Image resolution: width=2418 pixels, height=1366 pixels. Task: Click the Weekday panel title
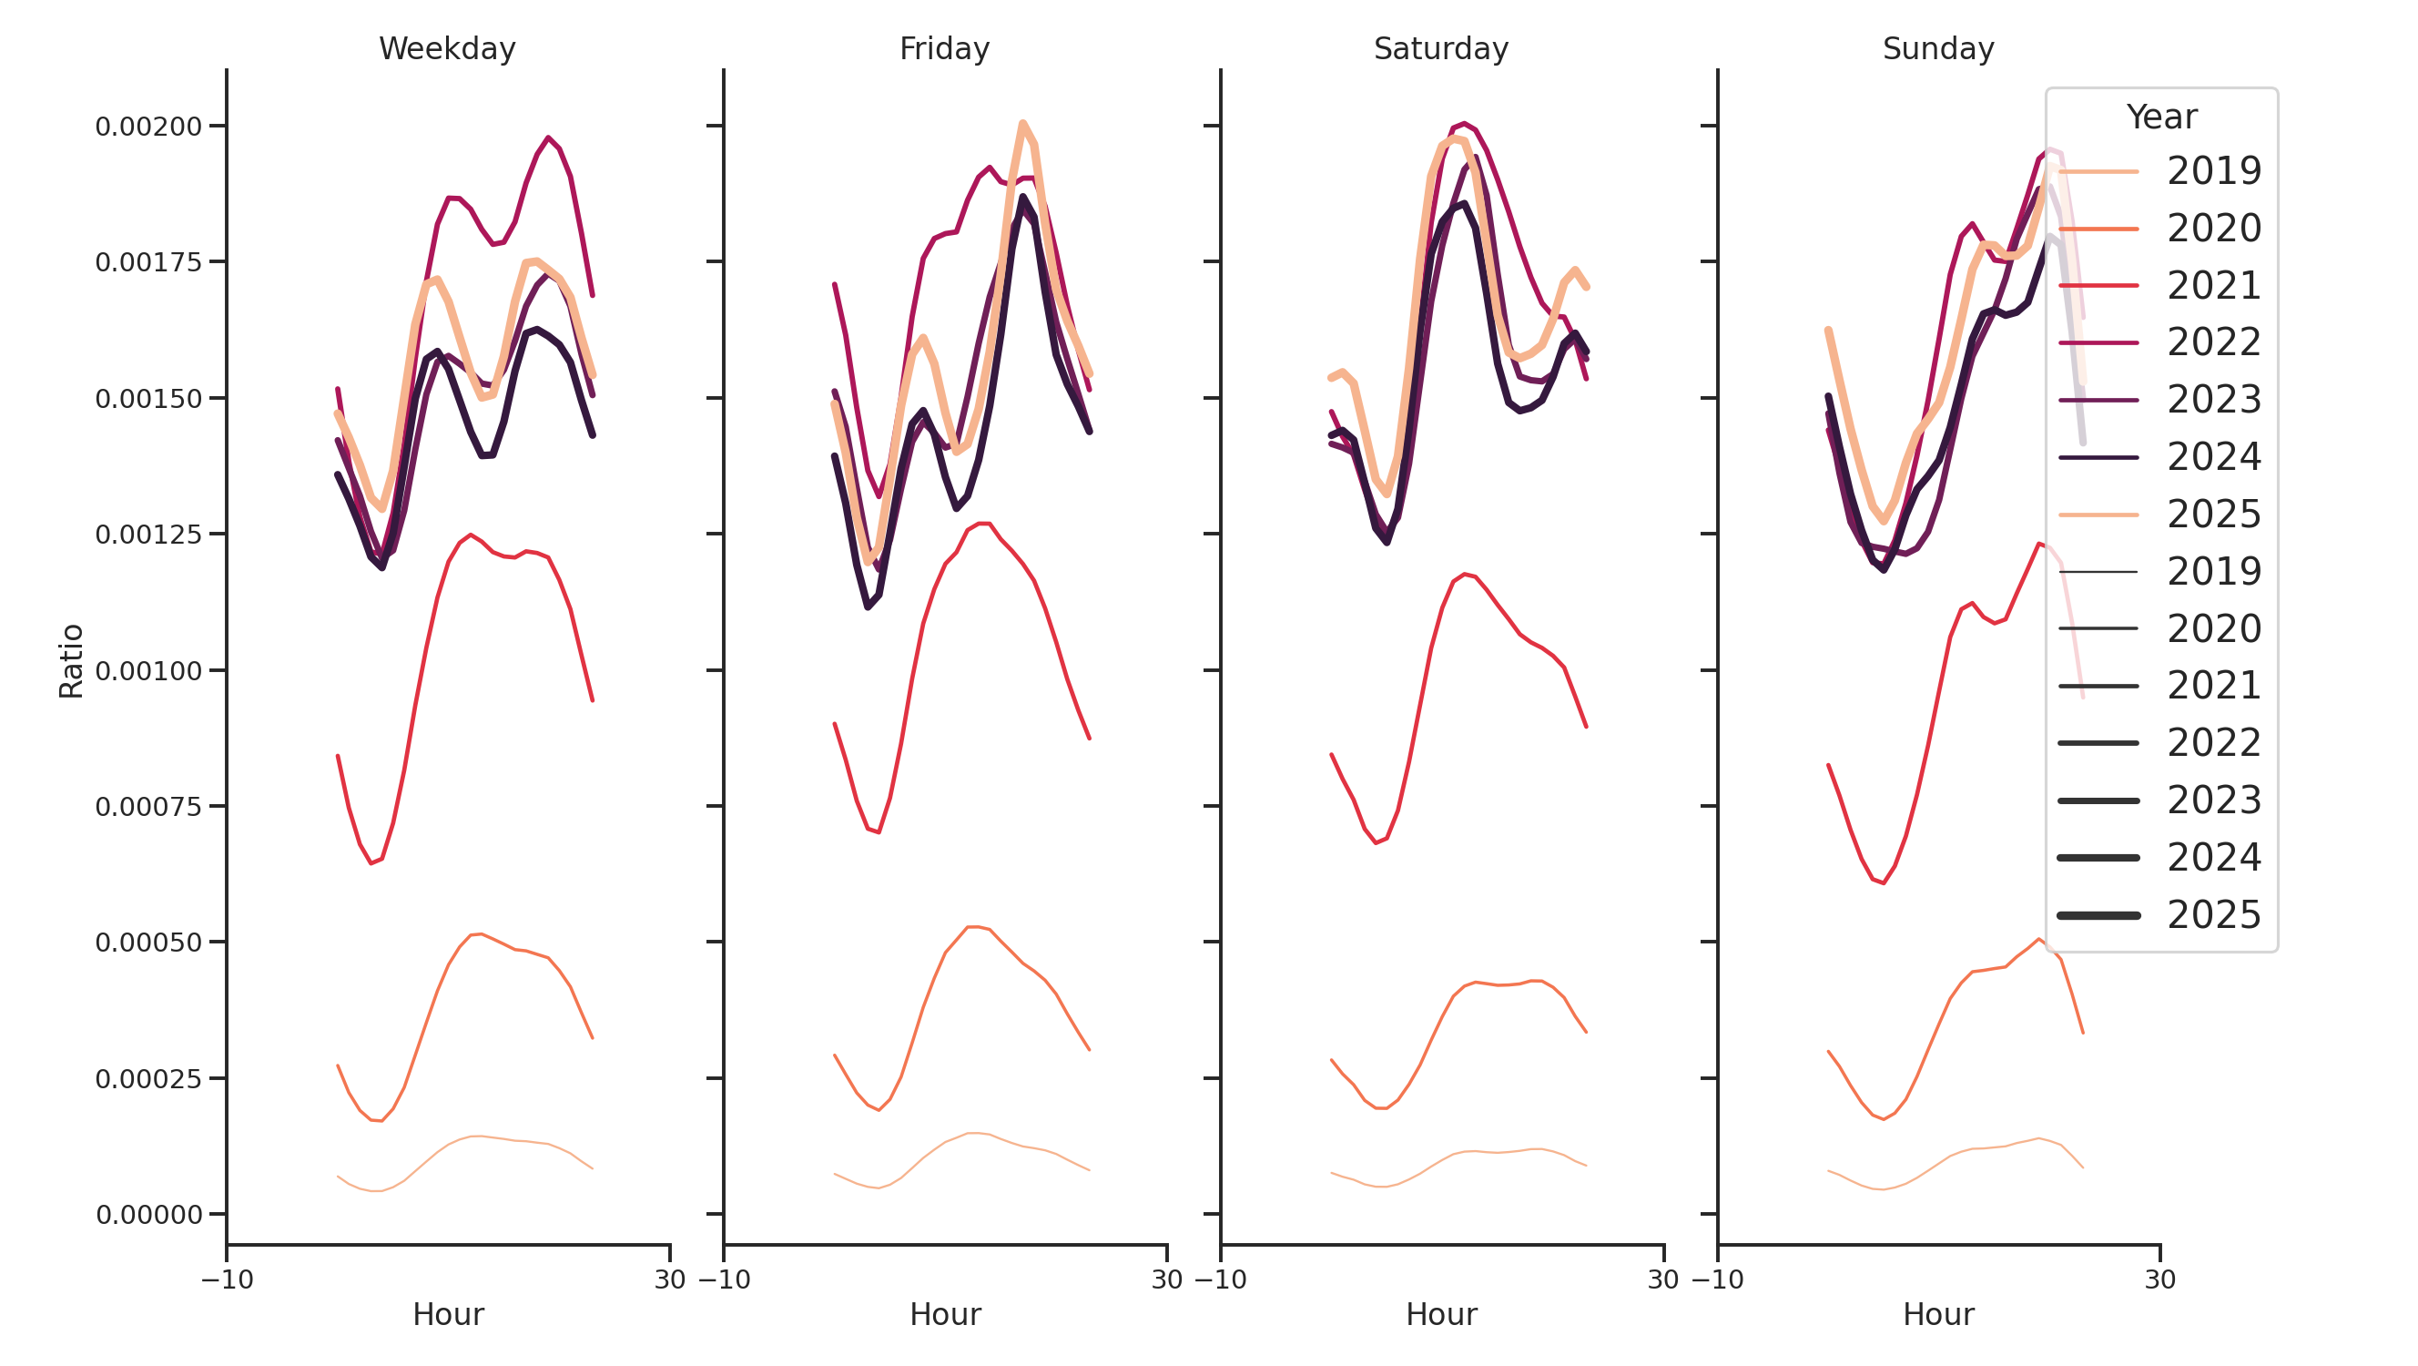click(x=447, y=49)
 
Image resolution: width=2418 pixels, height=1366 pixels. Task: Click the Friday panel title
click(x=943, y=49)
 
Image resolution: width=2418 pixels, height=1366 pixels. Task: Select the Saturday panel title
click(x=1440, y=49)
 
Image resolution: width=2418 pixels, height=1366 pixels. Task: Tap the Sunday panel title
click(x=1937, y=49)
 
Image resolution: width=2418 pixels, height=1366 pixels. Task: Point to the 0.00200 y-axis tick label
click(x=148, y=127)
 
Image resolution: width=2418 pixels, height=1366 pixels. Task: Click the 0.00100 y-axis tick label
click(x=148, y=671)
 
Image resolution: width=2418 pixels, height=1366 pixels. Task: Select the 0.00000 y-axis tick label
click(x=148, y=1215)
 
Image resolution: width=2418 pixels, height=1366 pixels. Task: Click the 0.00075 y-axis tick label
click(x=148, y=808)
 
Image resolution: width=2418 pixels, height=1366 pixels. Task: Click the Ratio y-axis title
click(x=71, y=661)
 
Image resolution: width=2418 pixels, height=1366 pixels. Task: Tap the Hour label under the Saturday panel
click(x=1440, y=1314)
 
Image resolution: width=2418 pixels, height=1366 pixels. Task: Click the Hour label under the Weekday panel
click(x=448, y=1314)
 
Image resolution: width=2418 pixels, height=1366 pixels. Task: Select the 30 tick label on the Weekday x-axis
click(x=669, y=1279)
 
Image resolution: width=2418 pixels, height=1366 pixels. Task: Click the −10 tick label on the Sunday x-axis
click(x=1717, y=1279)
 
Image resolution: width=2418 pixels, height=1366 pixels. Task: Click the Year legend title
click(x=2160, y=117)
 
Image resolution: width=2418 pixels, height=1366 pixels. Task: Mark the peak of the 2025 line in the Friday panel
click(x=1022, y=123)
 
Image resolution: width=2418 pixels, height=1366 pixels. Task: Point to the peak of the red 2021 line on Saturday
click(x=1463, y=574)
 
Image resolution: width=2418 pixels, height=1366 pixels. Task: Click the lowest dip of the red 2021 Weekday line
click(x=371, y=862)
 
